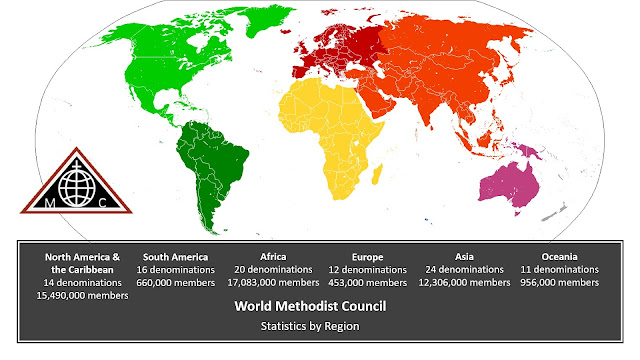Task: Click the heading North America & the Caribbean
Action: click(88, 263)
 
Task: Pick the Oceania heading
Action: click(560, 256)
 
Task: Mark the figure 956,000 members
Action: click(560, 284)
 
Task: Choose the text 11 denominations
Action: click(560, 270)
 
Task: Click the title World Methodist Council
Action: click(320, 306)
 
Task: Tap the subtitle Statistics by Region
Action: click(320, 326)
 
